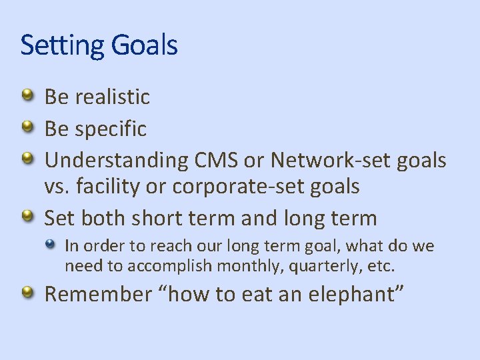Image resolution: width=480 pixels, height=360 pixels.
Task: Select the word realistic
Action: [112, 97]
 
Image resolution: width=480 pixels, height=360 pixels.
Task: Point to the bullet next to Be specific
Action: [27, 127]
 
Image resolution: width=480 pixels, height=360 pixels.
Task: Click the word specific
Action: [110, 129]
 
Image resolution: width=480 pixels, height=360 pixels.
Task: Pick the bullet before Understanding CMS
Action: [27, 159]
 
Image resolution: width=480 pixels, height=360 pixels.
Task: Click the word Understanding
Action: [117, 161]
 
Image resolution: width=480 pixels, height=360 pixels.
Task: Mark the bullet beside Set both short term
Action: [27, 216]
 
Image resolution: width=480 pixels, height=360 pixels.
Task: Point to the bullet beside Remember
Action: [27, 292]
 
